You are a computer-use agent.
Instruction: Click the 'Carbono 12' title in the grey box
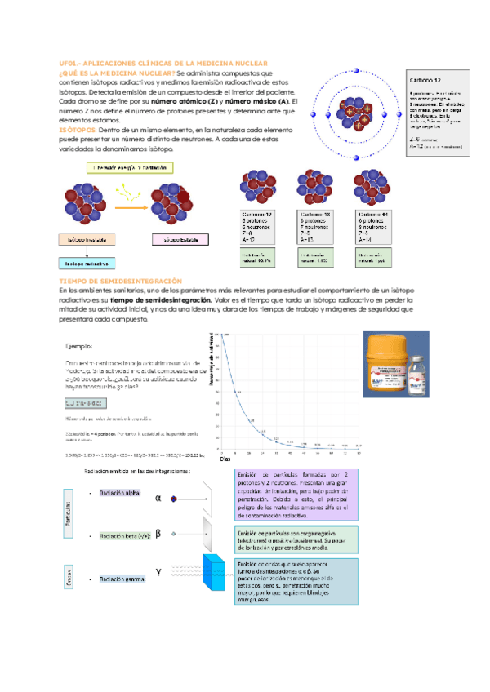(x=425, y=81)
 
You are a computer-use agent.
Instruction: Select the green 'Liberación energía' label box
(x=131, y=167)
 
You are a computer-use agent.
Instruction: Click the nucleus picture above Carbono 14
(x=372, y=189)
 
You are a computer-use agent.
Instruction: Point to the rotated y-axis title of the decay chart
(x=213, y=367)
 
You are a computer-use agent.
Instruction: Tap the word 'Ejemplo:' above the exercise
(x=80, y=345)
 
